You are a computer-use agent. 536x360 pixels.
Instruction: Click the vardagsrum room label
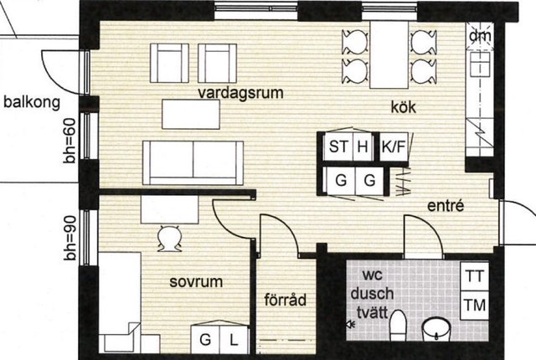click(x=240, y=93)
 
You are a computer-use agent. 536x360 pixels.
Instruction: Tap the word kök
click(x=404, y=107)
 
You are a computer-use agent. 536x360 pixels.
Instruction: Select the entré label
click(x=446, y=205)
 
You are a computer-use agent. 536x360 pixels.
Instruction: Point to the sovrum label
click(x=196, y=282)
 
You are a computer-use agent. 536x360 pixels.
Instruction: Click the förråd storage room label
click(x=285, y=300)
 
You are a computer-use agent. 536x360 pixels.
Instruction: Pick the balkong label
click(x=32, y=102)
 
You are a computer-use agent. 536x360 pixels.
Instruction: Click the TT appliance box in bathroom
click(x=475, y=276)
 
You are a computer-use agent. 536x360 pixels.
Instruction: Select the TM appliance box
click(x=475, y=306)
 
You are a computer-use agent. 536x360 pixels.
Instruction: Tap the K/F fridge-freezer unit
click(x=394, y=147)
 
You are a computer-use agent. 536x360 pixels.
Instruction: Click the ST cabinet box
click(x=338, y=147)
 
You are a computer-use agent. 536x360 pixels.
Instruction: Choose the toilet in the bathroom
click(x=398, y=326)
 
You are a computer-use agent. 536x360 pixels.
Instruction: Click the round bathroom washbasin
click(x=436, y=329)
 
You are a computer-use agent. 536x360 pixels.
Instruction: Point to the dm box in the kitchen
click(x=480, y=36)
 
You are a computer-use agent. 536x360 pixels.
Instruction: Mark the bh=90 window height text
click(x=70, y=238)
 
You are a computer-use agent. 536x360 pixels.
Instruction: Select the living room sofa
click(x=193, y=163)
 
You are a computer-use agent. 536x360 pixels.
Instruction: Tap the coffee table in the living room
click(x=191, y=115)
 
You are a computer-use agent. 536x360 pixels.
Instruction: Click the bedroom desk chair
click(x=169, y=239)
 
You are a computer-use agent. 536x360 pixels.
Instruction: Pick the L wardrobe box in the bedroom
click(x=234, y=340)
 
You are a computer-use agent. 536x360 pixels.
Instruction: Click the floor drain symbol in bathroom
click(x=350, y=324)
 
